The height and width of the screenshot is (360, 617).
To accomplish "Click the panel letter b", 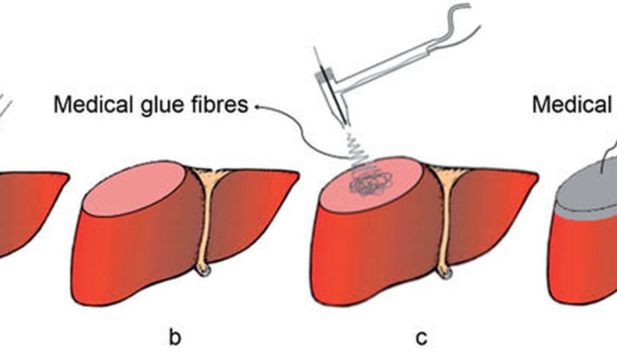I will (x=175, y=339).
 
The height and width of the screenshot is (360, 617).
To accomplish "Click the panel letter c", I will (x=421, y=339).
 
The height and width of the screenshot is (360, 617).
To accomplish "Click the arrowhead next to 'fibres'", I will (x=256, y=106).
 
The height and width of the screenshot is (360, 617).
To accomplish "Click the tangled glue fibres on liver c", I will (x=369, y=181).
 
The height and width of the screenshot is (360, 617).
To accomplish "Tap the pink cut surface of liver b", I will (x=136, y=187).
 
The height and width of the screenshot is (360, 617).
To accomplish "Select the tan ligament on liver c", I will (x=445, y=206).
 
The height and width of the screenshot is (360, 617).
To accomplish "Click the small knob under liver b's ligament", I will (x=205, y=271).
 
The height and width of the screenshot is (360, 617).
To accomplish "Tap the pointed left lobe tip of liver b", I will (x=296, y=174).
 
